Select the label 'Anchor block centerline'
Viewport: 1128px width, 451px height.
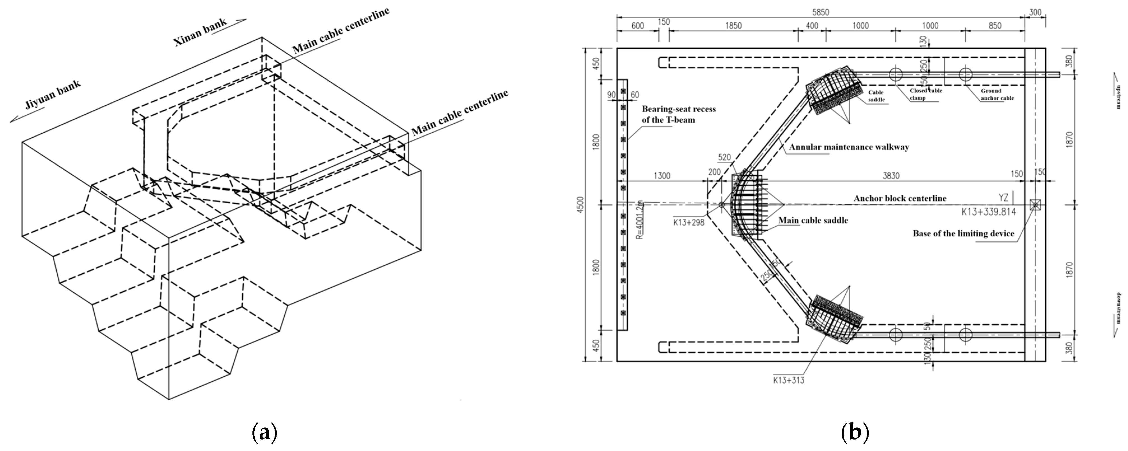(900, 198)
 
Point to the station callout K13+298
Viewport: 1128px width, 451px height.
(689, 222)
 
